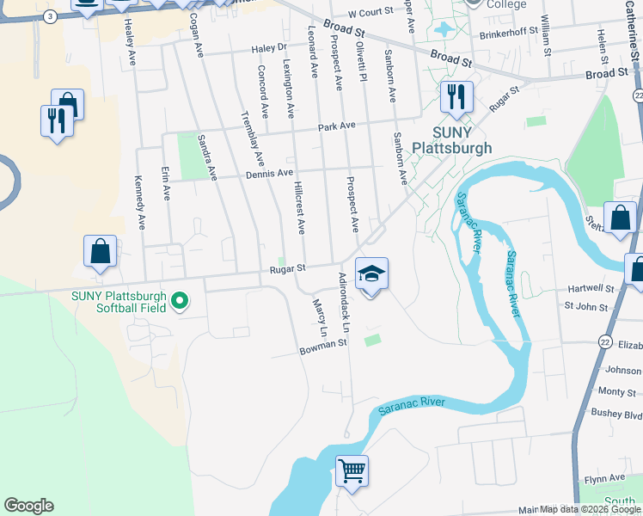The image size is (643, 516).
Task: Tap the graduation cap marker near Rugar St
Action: pos(371,274)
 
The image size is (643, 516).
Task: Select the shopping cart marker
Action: pos(352,470)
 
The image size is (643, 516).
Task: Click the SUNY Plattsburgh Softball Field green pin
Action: pos(180,301)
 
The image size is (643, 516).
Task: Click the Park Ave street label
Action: pos(336,126)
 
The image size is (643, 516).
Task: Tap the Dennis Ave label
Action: pos(269,173)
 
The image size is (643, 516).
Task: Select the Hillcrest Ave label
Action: pos(298,208)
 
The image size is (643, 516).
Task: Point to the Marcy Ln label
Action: pos(320,317)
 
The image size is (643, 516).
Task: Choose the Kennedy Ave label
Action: pos(138,203)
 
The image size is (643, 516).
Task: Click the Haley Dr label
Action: pos(267,49)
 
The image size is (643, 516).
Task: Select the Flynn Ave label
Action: pos(604,477)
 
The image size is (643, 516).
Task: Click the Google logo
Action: pos(28,506)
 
